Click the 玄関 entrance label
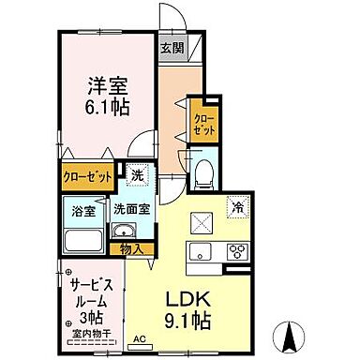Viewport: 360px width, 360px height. point(171,49)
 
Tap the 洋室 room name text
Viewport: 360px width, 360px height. point(96,82)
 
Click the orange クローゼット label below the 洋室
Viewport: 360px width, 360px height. point(88,175)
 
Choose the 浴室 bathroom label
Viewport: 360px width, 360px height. point(82,211)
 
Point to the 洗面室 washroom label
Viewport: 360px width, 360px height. point(129,211)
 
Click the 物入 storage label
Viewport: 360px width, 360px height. point(132,248)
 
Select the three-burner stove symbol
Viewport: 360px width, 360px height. point(234,250)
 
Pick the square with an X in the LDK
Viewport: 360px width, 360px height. point(202,222)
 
